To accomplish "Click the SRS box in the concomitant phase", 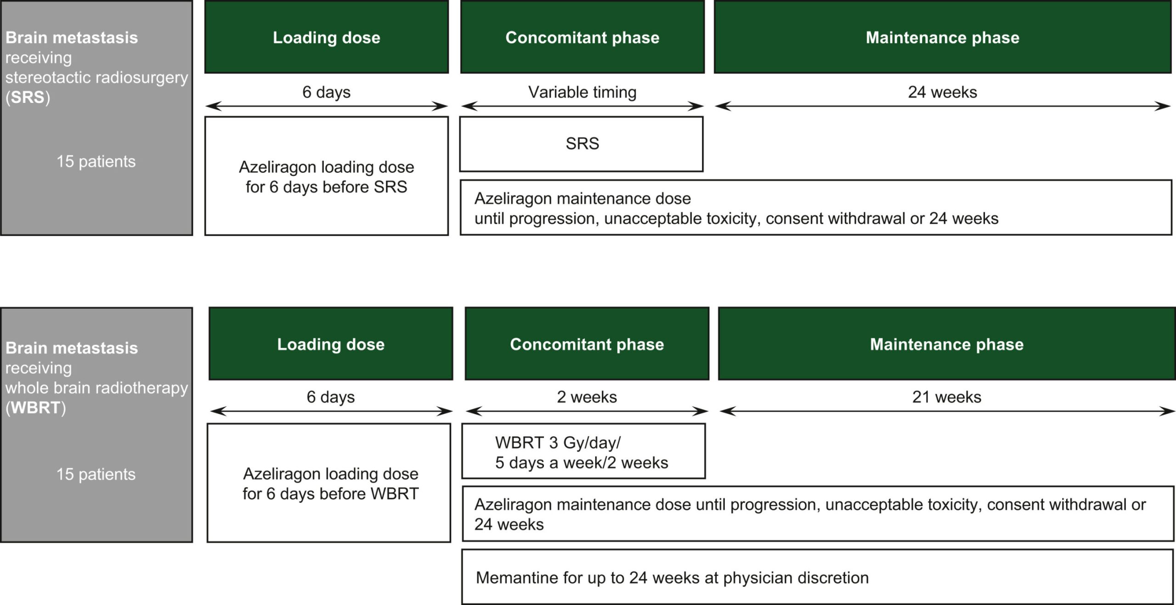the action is coord(581,144).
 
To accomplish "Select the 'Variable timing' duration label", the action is coord(582,92).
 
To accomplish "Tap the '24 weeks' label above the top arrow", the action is coord(942,92).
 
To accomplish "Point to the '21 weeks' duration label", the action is coord(946,397).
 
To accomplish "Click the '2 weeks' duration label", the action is coord(587,397).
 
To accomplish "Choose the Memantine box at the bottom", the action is coord(818,577).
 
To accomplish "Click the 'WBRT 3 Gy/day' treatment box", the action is coord(583,451).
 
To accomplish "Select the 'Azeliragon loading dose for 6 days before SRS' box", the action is coord(327,176).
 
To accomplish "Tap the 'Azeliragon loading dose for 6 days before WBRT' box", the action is coord(329,483).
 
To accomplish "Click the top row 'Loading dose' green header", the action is coord(327,37).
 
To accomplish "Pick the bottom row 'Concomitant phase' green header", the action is coord(587,344).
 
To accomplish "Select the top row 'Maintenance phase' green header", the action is coord(943,37).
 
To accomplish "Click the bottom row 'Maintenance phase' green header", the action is coord(947,344).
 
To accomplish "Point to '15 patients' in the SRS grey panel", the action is coord(96,162).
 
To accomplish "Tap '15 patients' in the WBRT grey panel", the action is coord(96,475).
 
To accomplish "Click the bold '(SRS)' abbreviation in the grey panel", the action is coord(28,97).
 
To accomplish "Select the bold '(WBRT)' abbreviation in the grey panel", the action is coord(35,408).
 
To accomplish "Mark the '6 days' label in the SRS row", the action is coord(326,92).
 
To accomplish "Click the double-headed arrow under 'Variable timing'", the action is coord(582,107).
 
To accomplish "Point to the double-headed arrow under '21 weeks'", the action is coord(947,411).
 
